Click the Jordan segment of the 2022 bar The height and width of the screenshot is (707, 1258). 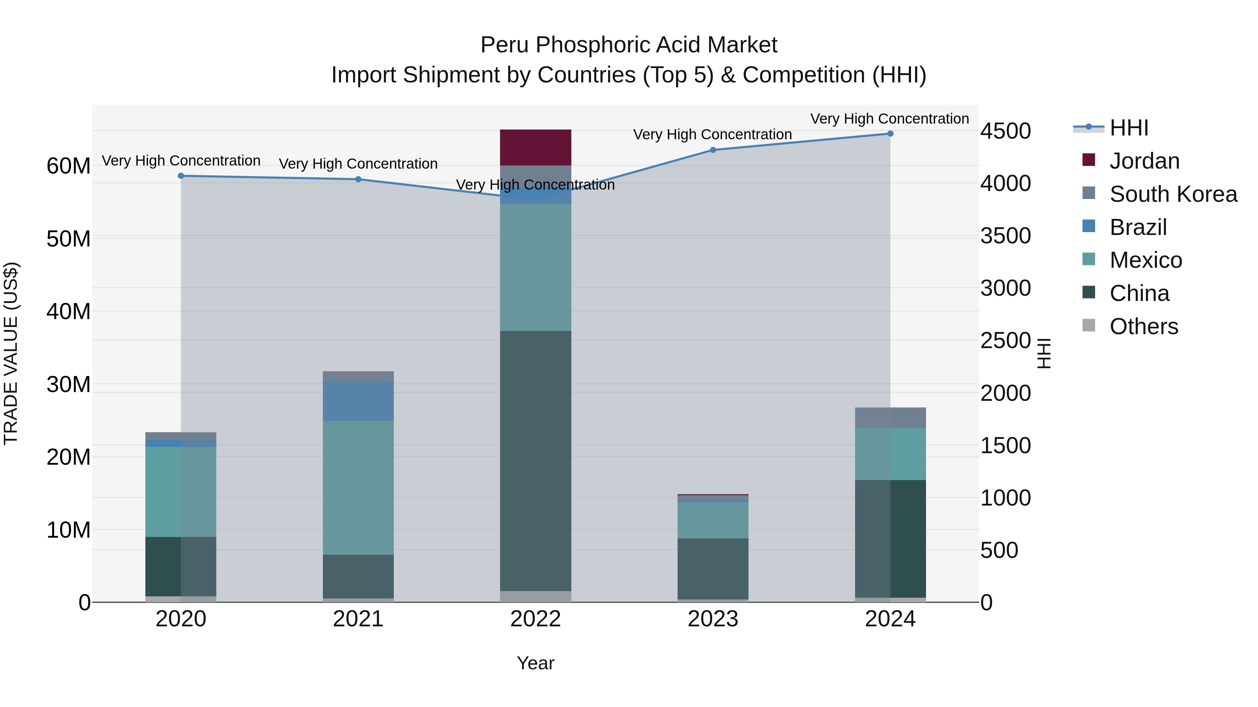tap(535, 147)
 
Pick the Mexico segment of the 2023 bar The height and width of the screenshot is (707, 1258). tap(713, 520)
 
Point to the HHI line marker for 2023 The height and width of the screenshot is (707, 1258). tap(713, 150)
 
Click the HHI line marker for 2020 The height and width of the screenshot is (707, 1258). tap(181, 176)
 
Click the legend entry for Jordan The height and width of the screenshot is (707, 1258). tap(1144, 161)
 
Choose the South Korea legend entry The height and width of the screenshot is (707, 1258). tap(1172, 194)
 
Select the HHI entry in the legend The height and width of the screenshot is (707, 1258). tap(1128, 128)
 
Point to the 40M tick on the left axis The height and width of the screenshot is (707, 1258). tap(68, 311)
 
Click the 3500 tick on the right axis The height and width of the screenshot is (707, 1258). tap(1005, 236)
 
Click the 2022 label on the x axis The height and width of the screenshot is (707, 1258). tap(535, 619)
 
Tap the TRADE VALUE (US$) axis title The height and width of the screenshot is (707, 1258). tap(11, 353)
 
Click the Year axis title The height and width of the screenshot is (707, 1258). tap(535, 663)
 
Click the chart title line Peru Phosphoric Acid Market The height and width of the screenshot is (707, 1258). tap(629, 45)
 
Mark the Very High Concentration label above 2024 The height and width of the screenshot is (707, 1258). tap(889, 119)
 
